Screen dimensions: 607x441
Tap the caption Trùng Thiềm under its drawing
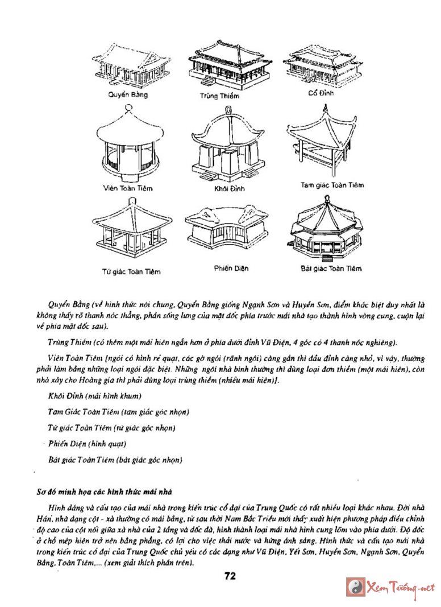tap(219, 96)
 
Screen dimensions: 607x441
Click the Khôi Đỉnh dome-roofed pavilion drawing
tap(226, 144)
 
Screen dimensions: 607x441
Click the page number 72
tap(230, 575)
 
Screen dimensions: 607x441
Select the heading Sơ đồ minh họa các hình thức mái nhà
tap(102, 491)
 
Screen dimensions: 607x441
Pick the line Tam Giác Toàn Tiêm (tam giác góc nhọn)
tap(118, 411)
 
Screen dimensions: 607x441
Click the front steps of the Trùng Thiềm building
tap(208, 81)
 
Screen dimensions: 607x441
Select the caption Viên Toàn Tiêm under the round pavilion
tap(128, 188)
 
